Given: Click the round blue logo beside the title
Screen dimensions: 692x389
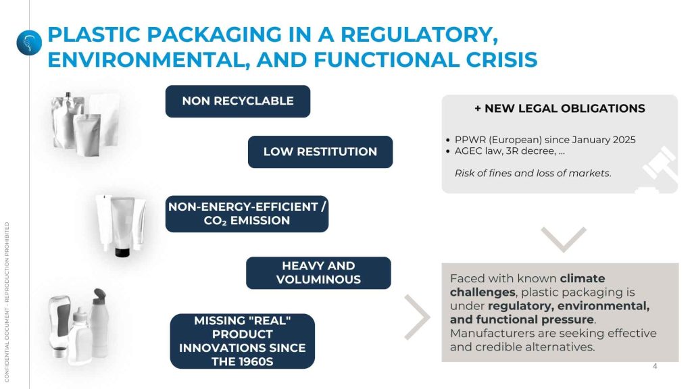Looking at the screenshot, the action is (x=29, y=43).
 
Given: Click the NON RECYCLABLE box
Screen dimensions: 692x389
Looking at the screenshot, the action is (x=238, y=101).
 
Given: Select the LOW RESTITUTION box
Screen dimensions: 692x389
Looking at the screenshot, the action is (x=320, y=152).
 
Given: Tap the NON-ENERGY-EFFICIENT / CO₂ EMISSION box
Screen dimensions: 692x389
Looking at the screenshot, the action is (x=247, y=214).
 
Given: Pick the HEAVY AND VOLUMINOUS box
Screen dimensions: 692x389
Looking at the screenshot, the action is (x=318, y=273).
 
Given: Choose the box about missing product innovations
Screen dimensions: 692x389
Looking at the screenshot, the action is (x=243, y=341).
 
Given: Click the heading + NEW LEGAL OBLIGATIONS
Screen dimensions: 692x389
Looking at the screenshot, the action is (x=560, y=109).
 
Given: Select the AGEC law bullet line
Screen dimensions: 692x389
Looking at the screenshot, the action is (x=505, y=151).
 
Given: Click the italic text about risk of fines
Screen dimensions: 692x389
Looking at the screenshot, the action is (x=533, y=174).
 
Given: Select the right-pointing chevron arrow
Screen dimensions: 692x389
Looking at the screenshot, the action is (x=417, y=317).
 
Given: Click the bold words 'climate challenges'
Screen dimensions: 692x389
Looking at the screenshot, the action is (x=527, y=286).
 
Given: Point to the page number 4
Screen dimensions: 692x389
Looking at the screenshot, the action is (x=655, y=366).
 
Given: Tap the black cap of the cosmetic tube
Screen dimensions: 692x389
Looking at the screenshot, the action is (x=122, y=253).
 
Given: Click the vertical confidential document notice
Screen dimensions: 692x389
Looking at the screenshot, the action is (x=7, y=302).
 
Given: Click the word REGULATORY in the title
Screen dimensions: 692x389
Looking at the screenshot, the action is (x=419, y=34).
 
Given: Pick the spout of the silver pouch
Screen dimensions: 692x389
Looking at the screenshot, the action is (x=68, y=96).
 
